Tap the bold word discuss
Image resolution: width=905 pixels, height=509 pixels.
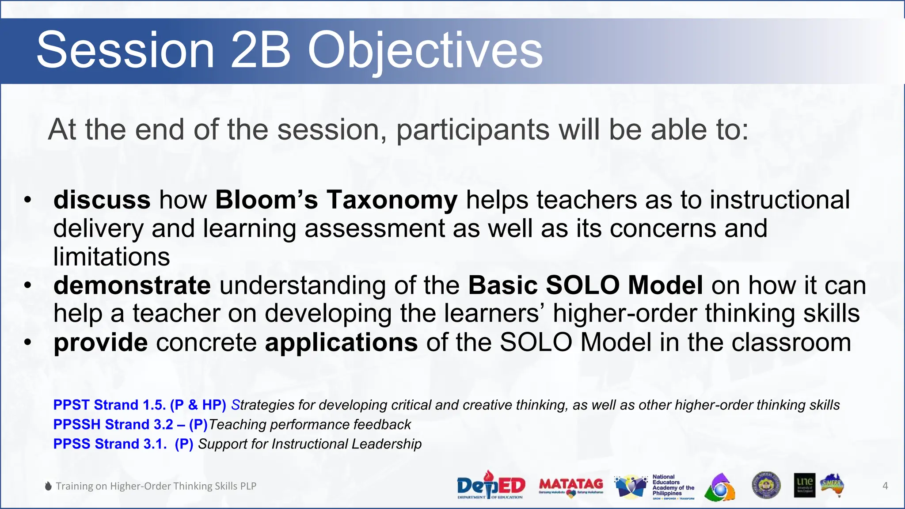coord(102,200)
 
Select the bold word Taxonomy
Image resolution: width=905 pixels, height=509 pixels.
coord(392,200)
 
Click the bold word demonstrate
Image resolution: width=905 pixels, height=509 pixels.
coord(132,285)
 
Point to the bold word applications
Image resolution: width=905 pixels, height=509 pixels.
coord(341,342)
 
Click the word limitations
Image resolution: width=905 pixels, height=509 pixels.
coord(111,257)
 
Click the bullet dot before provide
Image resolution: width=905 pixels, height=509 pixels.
coord(28,342)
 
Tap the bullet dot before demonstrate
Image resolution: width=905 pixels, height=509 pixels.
coord(28,285)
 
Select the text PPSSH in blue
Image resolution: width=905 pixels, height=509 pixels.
coord(76,425)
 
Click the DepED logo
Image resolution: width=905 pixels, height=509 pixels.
coord(491,485)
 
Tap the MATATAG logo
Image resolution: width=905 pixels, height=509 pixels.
coord(571,486)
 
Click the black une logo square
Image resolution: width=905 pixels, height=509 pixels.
coord(804,485)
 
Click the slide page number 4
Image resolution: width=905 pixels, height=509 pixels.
coord(885,486)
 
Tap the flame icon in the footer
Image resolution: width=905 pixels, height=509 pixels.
coord(48,486)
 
